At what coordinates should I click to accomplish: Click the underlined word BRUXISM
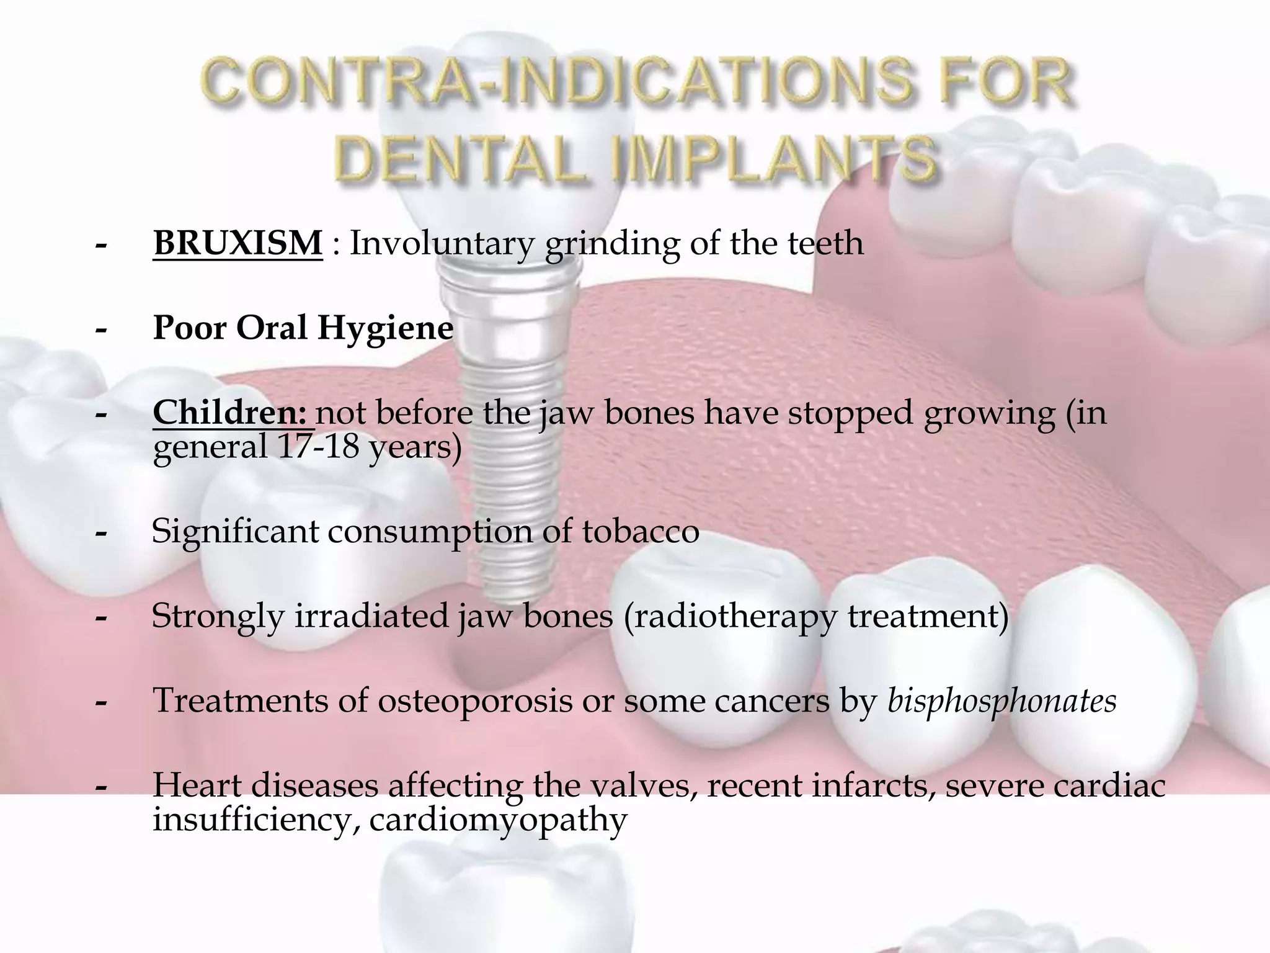(238, 243)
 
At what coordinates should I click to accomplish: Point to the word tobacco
(641, 532)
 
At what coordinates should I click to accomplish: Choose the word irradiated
(370, 616)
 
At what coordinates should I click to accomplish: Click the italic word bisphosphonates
(1002, 702)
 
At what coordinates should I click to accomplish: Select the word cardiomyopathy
(498, 820)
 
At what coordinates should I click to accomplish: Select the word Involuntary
(442, 243)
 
